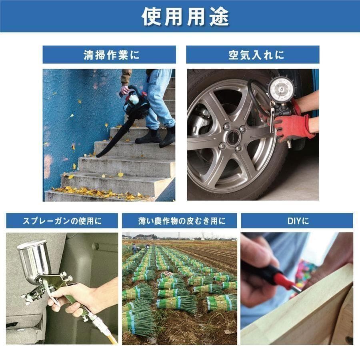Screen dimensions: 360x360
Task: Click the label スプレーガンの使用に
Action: point(62,220)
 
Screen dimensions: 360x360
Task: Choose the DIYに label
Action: point(297,220)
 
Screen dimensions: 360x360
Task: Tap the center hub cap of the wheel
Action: point(232,138)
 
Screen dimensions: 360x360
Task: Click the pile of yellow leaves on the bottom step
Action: point(100,194)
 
